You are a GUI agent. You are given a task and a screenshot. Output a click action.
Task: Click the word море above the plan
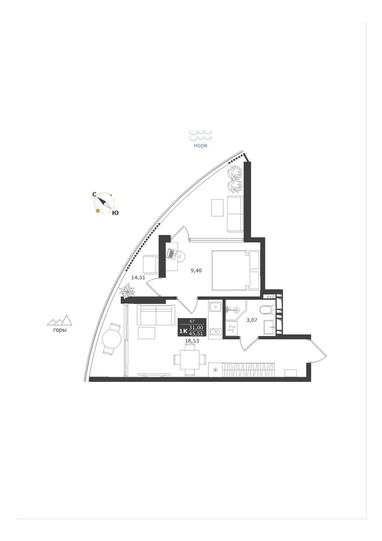click(200, 146)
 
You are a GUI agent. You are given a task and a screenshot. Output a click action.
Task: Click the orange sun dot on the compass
click(97, 211)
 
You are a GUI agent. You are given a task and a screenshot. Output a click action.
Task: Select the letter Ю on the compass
click(115, 213)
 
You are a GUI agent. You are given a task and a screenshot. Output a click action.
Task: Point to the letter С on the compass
click(95, 194)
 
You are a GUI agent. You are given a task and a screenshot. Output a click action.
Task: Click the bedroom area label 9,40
click(196, 270)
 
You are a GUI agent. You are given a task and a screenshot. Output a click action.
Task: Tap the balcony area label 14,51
click(138, 277)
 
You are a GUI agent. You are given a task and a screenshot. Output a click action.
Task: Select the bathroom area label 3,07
click(252, 320)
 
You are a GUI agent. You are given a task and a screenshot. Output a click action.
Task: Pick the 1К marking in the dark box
click(183, 331)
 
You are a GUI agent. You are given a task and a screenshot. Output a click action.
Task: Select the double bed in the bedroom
click(235, 270)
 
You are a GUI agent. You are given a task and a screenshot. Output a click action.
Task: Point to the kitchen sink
click(215, 308)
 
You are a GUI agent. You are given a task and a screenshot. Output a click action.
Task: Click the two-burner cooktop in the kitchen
click(215, 332)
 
